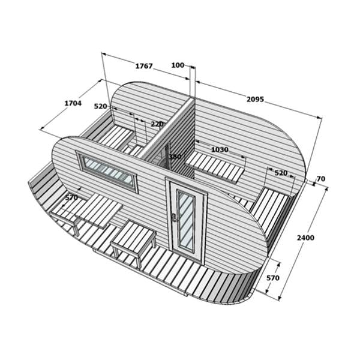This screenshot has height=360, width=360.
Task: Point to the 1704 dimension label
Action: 73,103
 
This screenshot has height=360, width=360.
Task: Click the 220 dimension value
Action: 157,124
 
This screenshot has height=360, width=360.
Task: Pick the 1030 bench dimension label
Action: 219,149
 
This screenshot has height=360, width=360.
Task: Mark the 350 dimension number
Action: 175,157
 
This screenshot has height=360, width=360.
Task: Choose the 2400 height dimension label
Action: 305,238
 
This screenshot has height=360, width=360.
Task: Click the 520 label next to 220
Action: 101,106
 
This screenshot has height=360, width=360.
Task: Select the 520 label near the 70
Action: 281,173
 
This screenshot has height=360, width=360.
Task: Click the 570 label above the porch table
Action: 71,197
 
